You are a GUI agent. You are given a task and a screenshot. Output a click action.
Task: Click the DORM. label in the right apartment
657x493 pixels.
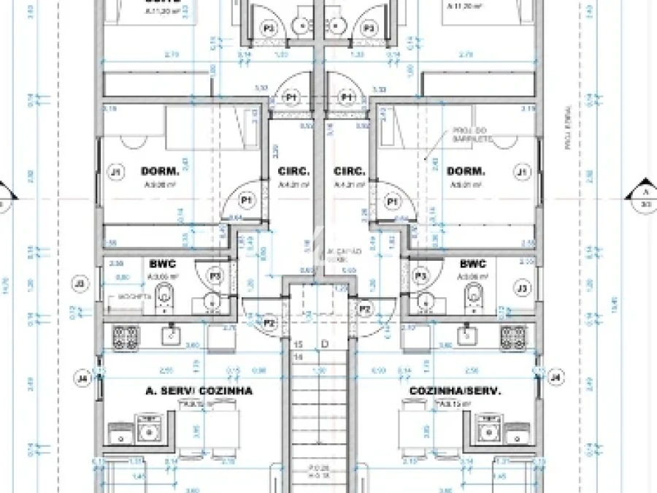click(466, 172)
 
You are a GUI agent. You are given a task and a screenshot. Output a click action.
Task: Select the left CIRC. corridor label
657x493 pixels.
click(293, 172)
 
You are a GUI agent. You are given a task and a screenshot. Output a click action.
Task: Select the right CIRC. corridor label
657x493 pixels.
click(349, 172)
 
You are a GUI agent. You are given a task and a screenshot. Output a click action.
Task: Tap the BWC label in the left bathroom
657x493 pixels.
click(161, 264)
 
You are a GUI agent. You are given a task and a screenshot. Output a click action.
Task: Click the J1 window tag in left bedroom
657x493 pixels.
click(115, 172)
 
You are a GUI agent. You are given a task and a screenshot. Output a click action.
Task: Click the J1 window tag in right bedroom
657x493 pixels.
click(521, 172)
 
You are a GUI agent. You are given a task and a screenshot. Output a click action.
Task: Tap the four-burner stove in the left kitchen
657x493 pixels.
click(125, 336)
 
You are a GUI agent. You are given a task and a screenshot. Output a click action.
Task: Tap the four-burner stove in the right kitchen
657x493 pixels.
click(512, 336)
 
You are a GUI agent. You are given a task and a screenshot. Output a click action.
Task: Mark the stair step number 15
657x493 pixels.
click(299, 343)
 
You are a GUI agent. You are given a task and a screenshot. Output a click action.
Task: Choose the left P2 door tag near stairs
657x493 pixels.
click(269, 323)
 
